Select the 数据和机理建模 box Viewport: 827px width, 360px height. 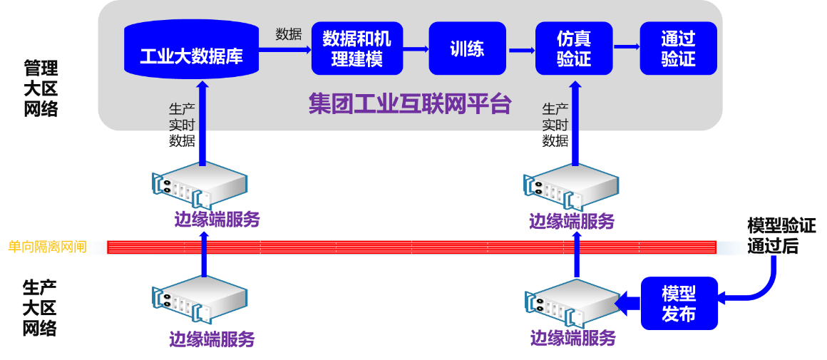point(357,48)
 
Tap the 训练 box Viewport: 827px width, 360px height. point(467,48)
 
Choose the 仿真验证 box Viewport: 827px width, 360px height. point(573,48)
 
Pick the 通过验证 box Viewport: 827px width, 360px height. point(678,48)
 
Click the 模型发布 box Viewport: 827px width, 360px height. point(679,303)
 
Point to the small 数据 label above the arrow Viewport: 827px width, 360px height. point(289,34)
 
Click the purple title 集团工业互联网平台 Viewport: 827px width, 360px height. point(410,104)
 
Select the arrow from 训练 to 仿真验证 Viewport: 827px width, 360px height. point(521,49)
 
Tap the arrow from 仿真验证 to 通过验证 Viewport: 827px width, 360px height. point(627,47)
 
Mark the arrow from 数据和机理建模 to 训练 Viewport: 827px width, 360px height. point(416,49)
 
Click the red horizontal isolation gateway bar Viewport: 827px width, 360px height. point(411,247)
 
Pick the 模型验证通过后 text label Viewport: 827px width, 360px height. point(781,237)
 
